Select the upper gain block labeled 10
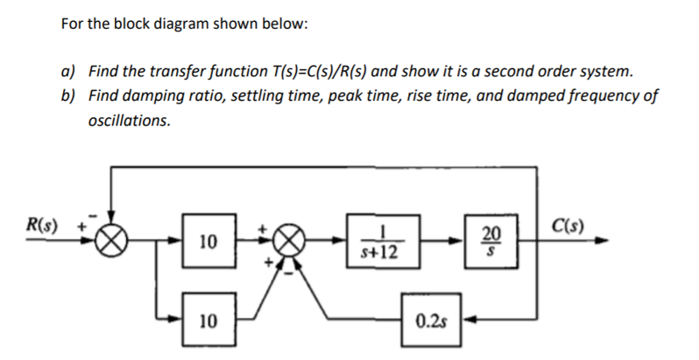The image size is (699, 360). (207, 240)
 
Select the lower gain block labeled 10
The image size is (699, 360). (207, 321)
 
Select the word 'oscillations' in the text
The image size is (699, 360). (130, 120)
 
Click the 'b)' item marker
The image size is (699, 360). (67, 95)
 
